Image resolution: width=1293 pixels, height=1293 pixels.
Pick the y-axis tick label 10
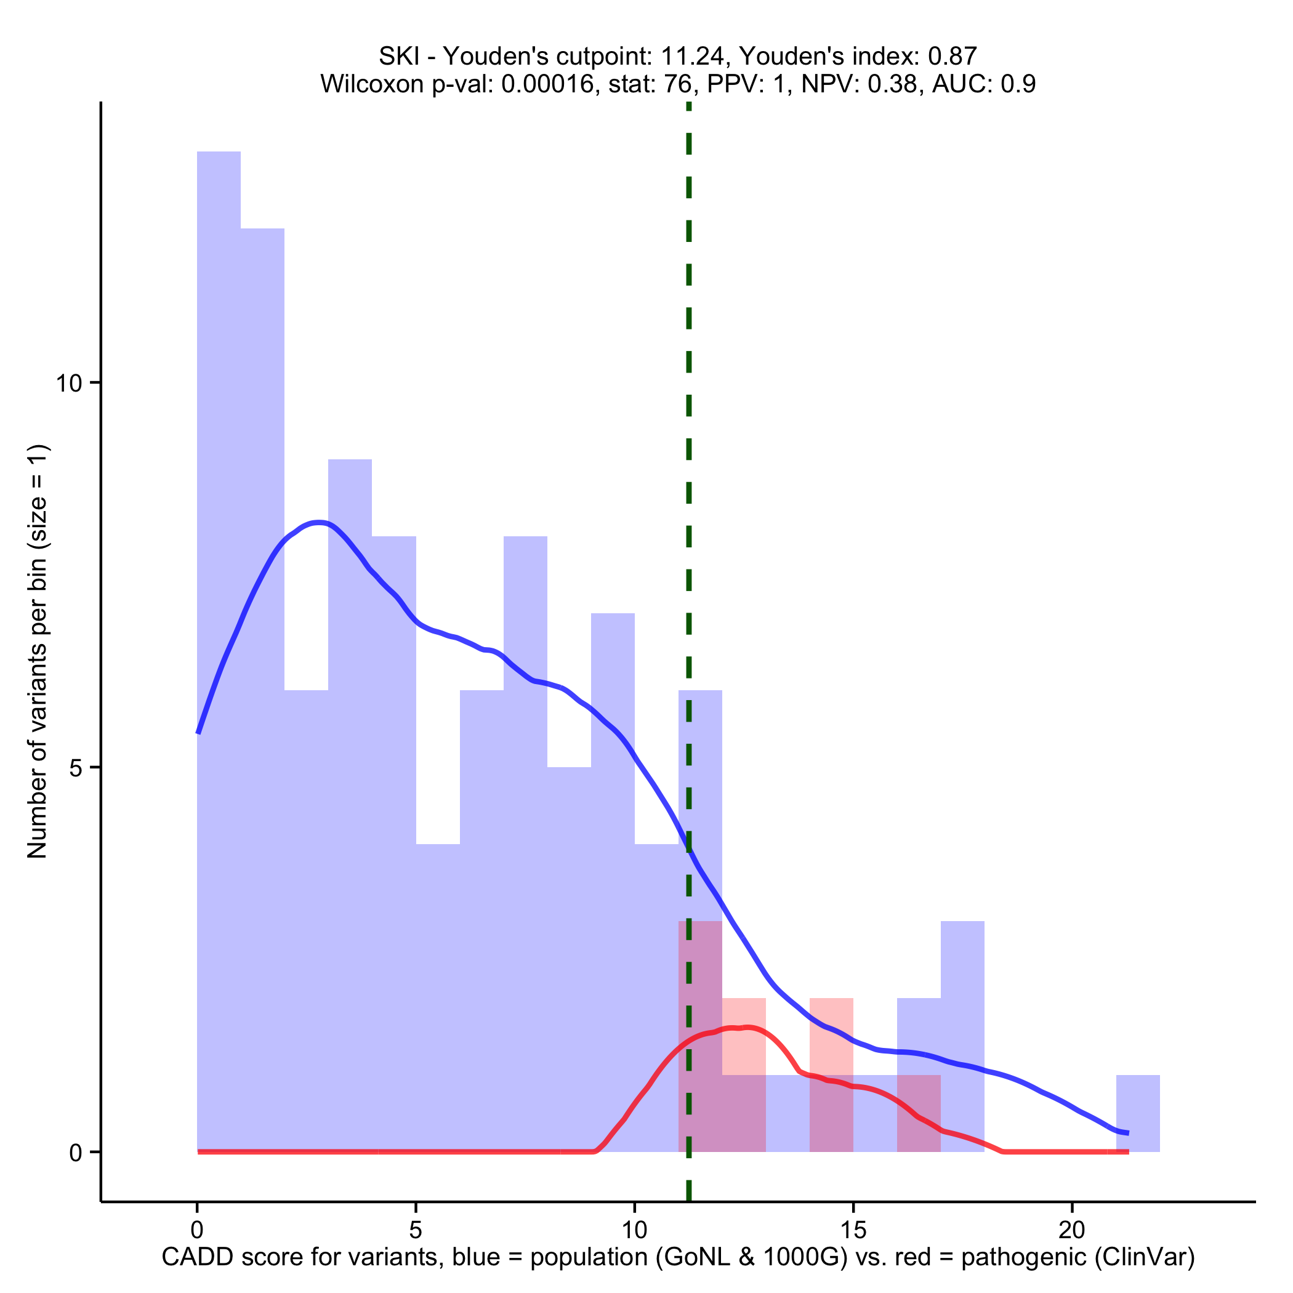point(68,384)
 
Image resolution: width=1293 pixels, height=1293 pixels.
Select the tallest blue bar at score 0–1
point(219,602)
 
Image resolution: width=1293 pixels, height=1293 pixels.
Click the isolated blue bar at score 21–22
point(1138,1114)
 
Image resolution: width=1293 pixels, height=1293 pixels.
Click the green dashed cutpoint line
point(688,469)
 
